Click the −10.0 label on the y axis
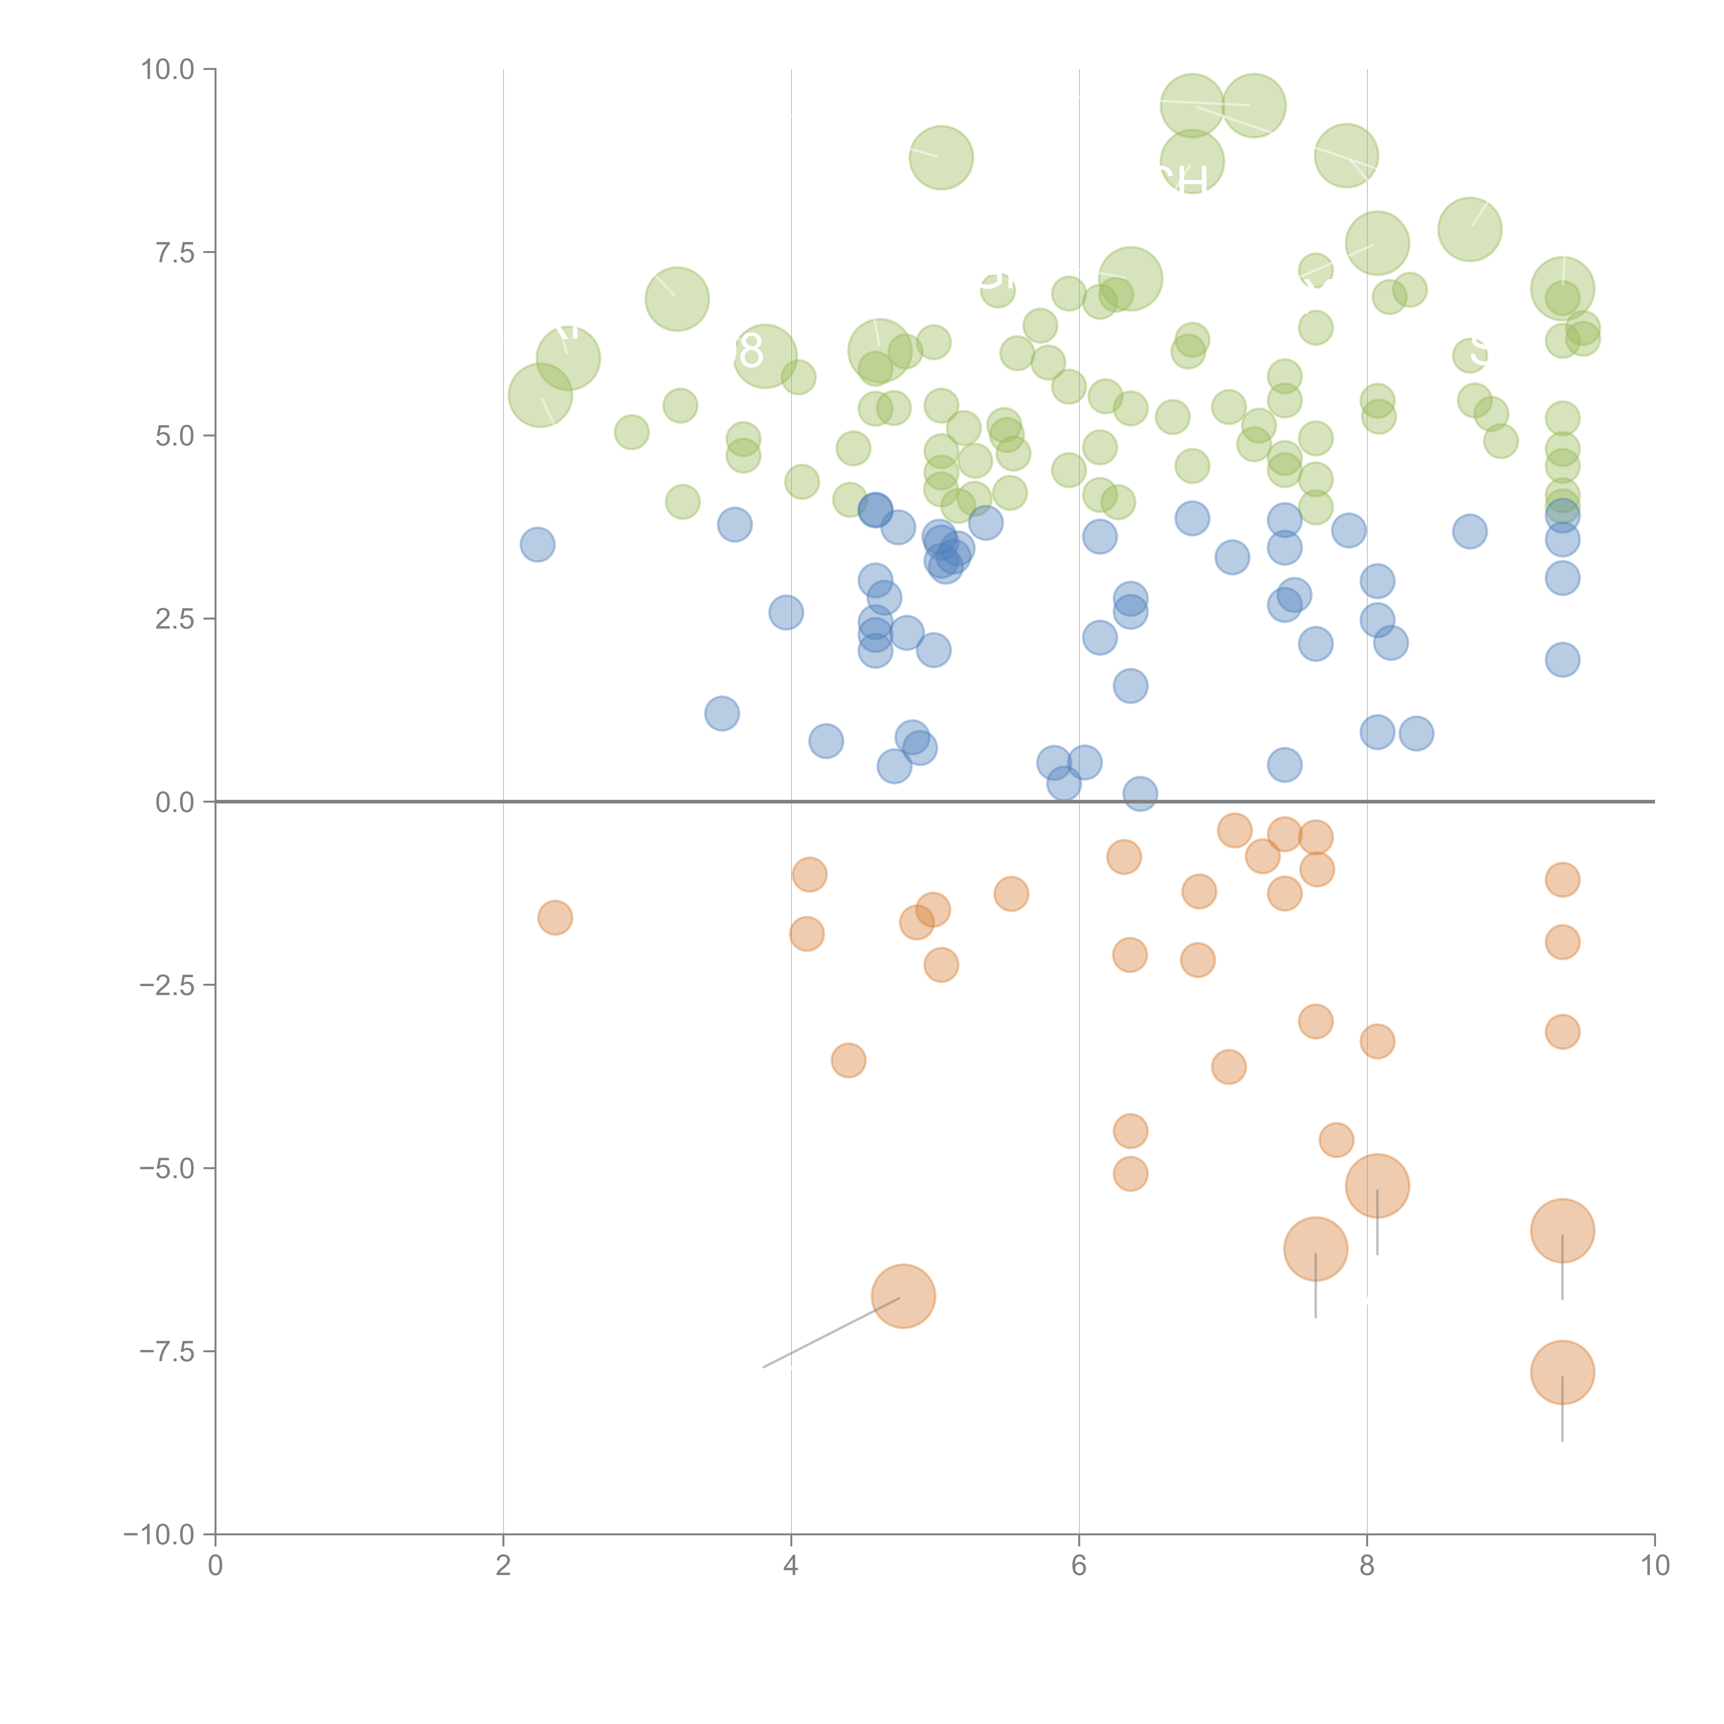pos(159,1535)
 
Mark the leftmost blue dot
pos(537,544)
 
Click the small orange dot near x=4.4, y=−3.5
pos(848,1060)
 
